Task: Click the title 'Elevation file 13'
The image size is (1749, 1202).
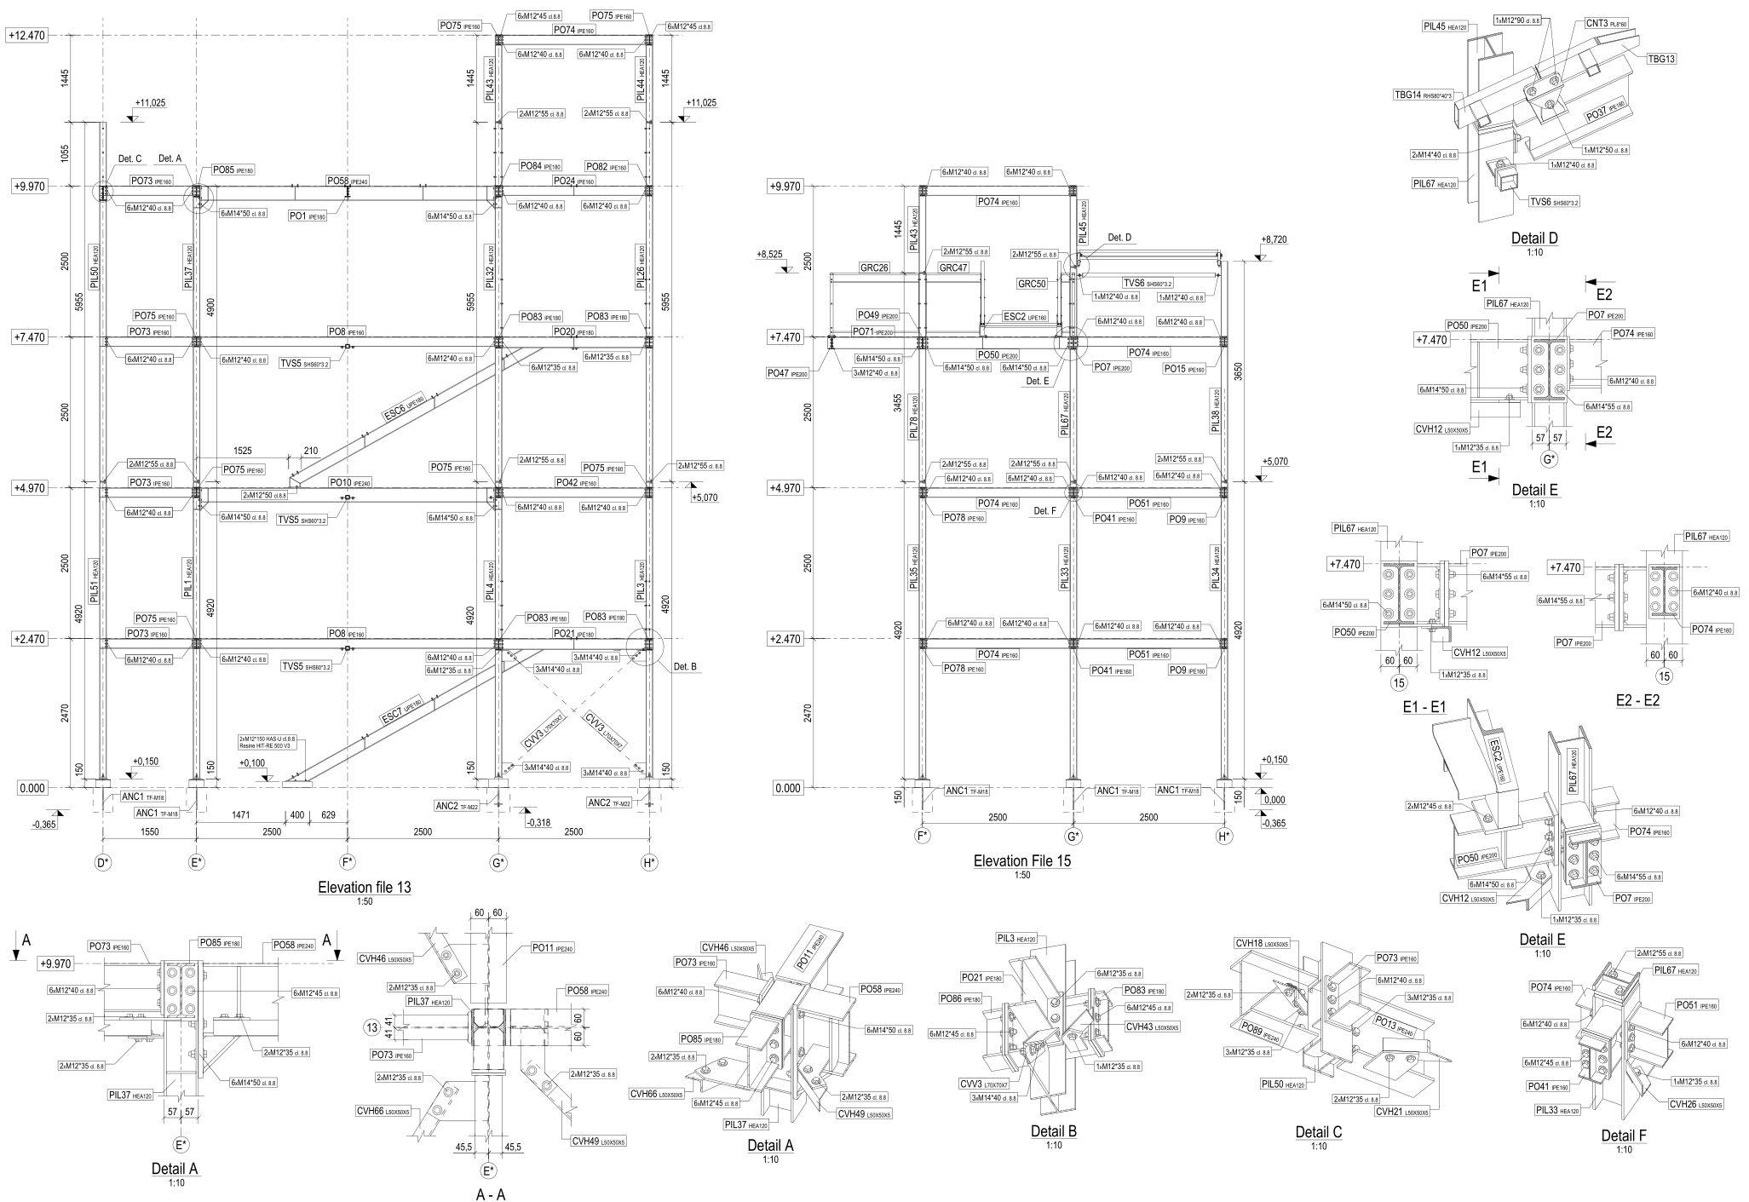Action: coord(364,887)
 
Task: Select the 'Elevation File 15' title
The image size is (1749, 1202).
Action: coord(1021,861)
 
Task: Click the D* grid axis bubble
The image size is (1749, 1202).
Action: coord(103,863)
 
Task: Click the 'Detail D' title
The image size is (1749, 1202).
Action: coord(1533,239)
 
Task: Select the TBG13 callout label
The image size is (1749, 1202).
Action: coord(1661,59)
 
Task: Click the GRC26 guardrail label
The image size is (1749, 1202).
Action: coord(874,267)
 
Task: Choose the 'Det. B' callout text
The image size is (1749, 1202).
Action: coord(685,665)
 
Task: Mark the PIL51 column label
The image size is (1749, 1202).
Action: coord(95,580)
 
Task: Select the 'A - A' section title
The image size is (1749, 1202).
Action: coord(491,1194)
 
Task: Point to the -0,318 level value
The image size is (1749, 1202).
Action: coord(539,823)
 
